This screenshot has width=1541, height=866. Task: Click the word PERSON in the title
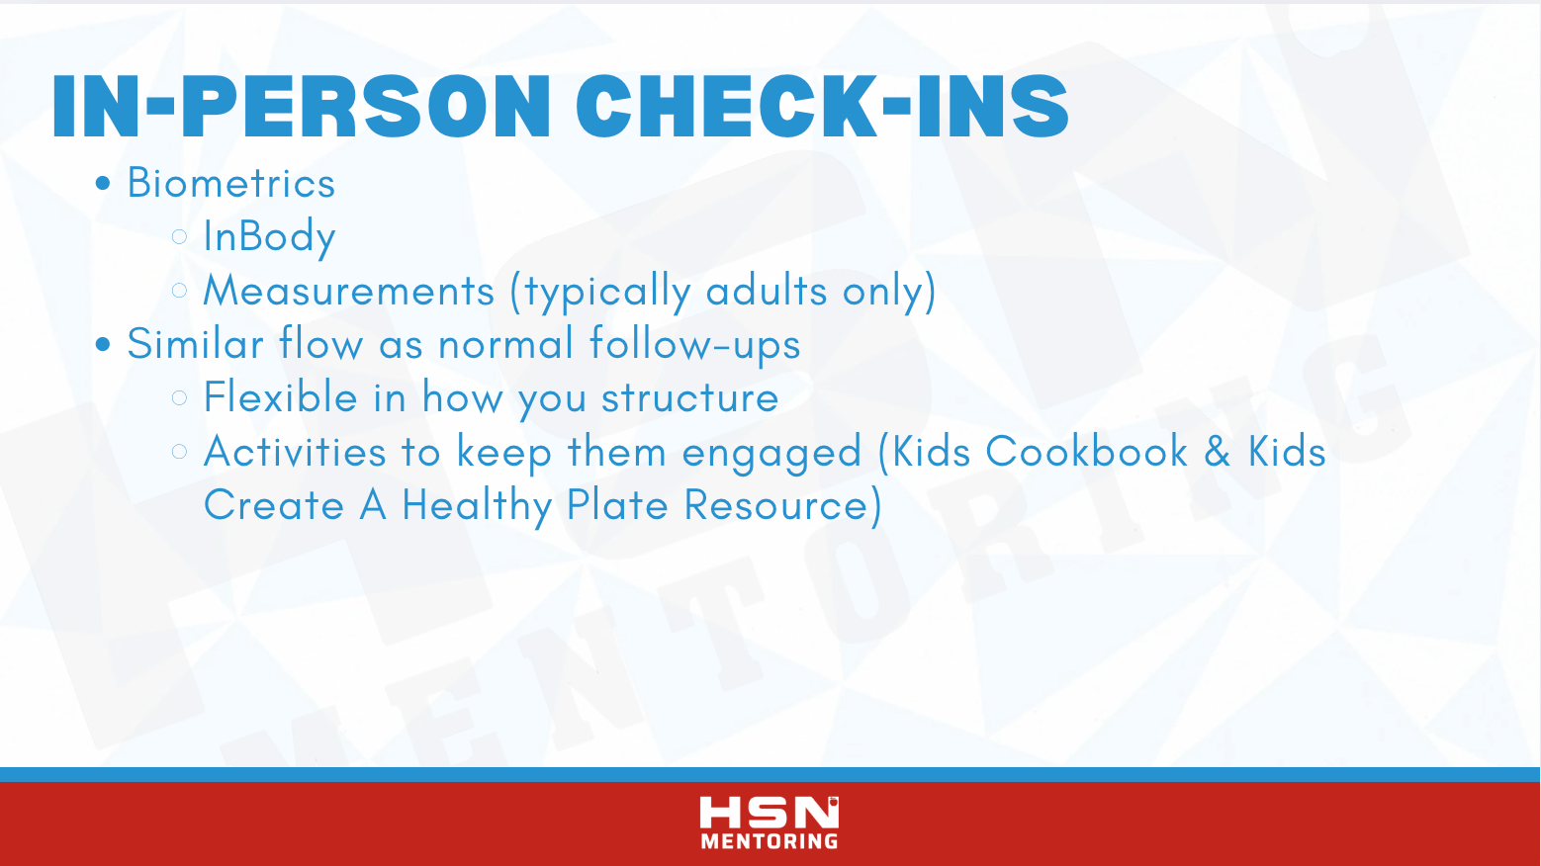pos(365,107)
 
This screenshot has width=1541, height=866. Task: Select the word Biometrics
pos(231,183)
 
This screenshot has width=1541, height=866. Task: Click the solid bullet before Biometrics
pos(103,183)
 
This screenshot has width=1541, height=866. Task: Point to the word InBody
pos(269,237)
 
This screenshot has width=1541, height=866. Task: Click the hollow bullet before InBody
pos(180,236)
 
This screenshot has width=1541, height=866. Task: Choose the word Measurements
pos(349,291)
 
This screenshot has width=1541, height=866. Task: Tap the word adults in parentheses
pos(767,290)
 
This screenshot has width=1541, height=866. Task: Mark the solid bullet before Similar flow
pos(103,344)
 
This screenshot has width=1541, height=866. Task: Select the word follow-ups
pos(695,345)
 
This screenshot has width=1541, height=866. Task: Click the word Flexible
pos(281,396)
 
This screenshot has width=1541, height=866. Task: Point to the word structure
pos(690,398)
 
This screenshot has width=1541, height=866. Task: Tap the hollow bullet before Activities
pos(180,451)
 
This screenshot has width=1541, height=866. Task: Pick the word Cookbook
pos(1086,451)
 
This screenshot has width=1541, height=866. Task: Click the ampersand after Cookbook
pos(1217,452)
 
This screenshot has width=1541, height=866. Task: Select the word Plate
pos(617,505)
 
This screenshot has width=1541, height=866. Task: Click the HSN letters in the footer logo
pos(770,813)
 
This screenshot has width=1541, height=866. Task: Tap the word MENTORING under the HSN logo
pos(770,841)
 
